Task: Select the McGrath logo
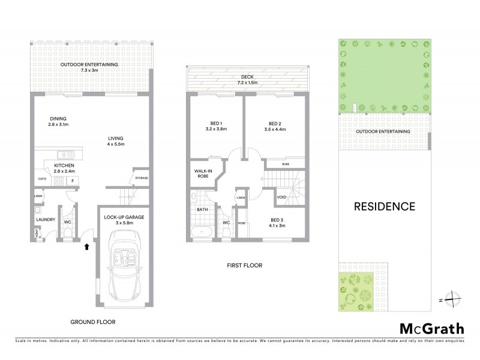pyautogui.click(x=431, y=328)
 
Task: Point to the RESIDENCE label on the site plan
pyautogui.click(x=384, y=206)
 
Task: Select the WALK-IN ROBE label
pyautogui.click(x=202, y=175)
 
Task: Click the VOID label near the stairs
pyautogui.click(x=281, y=197)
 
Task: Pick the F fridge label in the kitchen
pyautogui.click(x=73, y=179)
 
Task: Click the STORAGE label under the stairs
pyautogui.click(x=141, y=178)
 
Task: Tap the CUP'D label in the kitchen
pyautogui.click(x=42, y=179)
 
